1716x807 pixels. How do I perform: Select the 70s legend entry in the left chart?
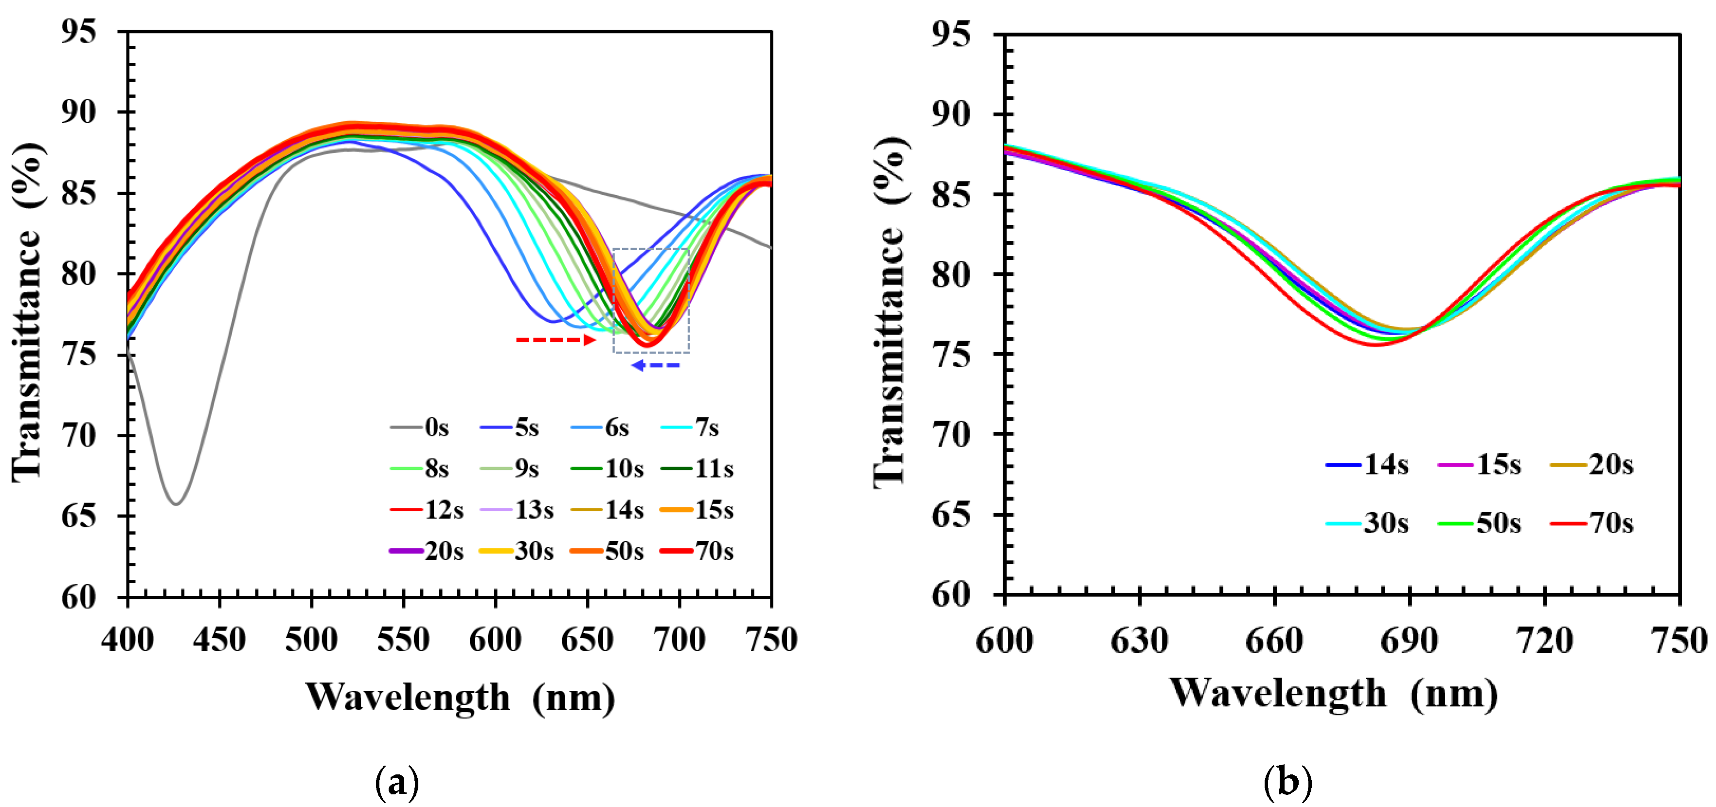pyautogui.click(x=698, y=551)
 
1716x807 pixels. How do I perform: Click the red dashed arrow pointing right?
pyautogui.click(x=555, y=340)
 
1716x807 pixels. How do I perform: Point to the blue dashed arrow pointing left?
pyautogui.click(x=656, y=365)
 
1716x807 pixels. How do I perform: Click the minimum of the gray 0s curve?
pyautogui.click(x=176, y=503)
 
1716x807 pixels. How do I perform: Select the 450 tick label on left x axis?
pyautogui.click(x=219, y=640)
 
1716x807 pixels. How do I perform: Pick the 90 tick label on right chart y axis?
pyautogui.click(x=950, y=114)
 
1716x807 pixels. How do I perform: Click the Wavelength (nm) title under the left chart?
pyautogui.click(x=460, y=697)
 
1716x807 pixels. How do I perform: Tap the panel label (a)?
pyautogui.click(x=398, y=781)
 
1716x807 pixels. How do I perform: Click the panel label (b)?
pyautogui.click(x=1287, y=781)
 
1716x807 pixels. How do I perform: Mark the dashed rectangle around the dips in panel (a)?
pyautogui.click(x=651, y=300)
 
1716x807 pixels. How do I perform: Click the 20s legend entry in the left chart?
pyautogui.click(x=427, y=551)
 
